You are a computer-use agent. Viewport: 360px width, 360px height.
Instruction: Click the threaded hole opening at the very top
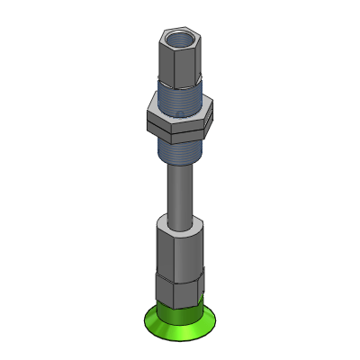click(181, 39)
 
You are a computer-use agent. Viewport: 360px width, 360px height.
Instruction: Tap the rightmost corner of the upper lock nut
click(213, 112)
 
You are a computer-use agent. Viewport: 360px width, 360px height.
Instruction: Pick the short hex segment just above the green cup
click(179, 290)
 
